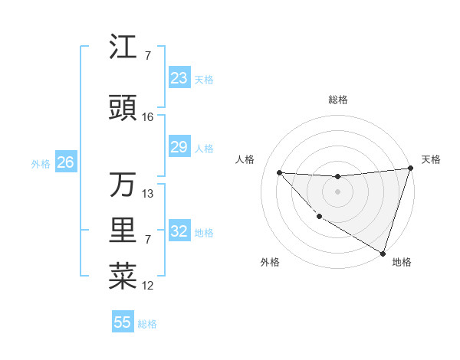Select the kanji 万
pyautogui.click(x=123, y=185)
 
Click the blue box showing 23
pyautogui.click(x=179, y=78)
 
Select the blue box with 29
pyautogui.click(x=179, y=148)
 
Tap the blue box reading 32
pyautogui.click(x=179, y=231)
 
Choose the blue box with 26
pyautogui.click(x=65, y=162)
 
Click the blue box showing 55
pyautogui.click(x=123, y=322)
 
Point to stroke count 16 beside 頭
pyautogui.click(x=148, y=117)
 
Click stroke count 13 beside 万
pyautogui.click(x=148, y=194)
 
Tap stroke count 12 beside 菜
pyautogui.click(x=148, y=286)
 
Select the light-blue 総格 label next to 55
pyautogui.click(x=147, y=324)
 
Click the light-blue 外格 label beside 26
pyautogui.click(x=41, y=163)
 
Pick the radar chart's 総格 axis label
pyautogui.click(x=337, y=100)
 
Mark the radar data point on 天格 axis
pyautogui.click(x=411, y=169)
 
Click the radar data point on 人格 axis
pyautogui.click(x=279, y=172)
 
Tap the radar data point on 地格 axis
pyautogui.click(x=382, y=252)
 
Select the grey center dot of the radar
pyautogui.click(x=337, y=191)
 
